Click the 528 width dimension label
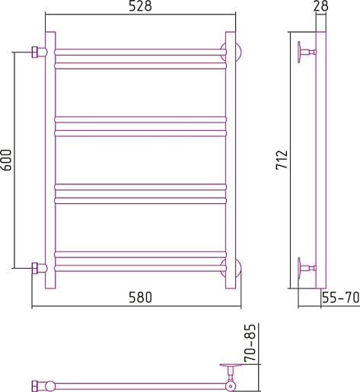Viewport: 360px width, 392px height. click(x=140, y=6)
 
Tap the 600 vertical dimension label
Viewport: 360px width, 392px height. click(x=6, y=160)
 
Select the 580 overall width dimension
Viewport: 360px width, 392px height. click(x=140, y=297)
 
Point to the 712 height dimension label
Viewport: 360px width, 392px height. click(x=282, y=160)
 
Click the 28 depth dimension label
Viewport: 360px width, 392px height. click(x=320, y=5)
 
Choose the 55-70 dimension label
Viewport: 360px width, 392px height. click(x=341, y=297)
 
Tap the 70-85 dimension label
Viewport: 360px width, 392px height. click(x=250, y=343)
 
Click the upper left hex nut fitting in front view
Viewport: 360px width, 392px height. click(x=35, y=53)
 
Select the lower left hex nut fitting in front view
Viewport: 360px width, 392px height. click(x=35, y=268)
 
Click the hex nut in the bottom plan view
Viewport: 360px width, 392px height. click(x=35, y=386)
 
